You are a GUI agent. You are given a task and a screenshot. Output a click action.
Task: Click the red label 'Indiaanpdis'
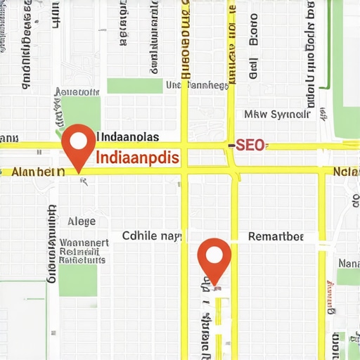[x=136, y=157]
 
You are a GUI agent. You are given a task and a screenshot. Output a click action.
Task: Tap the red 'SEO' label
[x=250, y=146]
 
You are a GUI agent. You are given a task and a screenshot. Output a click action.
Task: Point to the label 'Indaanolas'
[x=127, y=136]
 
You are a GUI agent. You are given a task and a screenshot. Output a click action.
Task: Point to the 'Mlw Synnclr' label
[x=276, y=114]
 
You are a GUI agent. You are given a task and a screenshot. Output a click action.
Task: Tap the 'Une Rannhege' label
[x=197, y=85]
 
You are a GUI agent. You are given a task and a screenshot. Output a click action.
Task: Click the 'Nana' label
[x=349, y=263]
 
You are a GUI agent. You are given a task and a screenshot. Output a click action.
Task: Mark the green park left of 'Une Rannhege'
[x=134, y=86]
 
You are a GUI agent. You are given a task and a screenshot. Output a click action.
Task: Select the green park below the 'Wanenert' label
[x=77, y=280]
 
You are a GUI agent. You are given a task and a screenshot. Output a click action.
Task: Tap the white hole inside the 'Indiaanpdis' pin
[x=78, y=140]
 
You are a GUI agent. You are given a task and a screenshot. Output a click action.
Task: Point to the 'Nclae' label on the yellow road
[x=347, y=172]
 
